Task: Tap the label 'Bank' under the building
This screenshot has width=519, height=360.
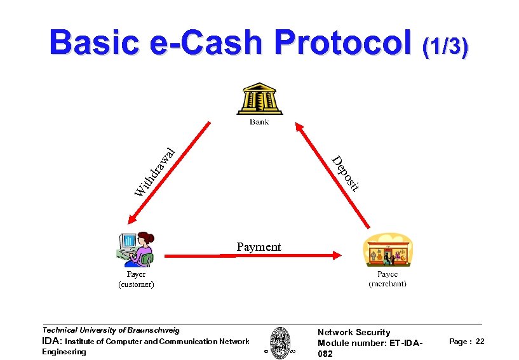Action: (x=259, y=121)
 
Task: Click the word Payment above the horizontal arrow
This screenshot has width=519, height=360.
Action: (x=258, y=246)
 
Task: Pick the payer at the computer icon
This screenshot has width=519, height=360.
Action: (x=135, y=250)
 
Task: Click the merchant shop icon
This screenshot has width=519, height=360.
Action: (x=388, y=251)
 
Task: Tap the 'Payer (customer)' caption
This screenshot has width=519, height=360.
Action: (x=136, y=279)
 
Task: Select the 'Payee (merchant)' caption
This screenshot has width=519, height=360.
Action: (x=388, y=279)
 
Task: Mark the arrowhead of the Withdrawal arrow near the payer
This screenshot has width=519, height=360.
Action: (x=131, y=220)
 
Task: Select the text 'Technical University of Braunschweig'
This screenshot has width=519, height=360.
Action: (x=111, y=330)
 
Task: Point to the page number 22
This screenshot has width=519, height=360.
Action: (x=480, y=342)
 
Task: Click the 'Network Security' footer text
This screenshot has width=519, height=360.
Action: (x=354, y=332)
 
